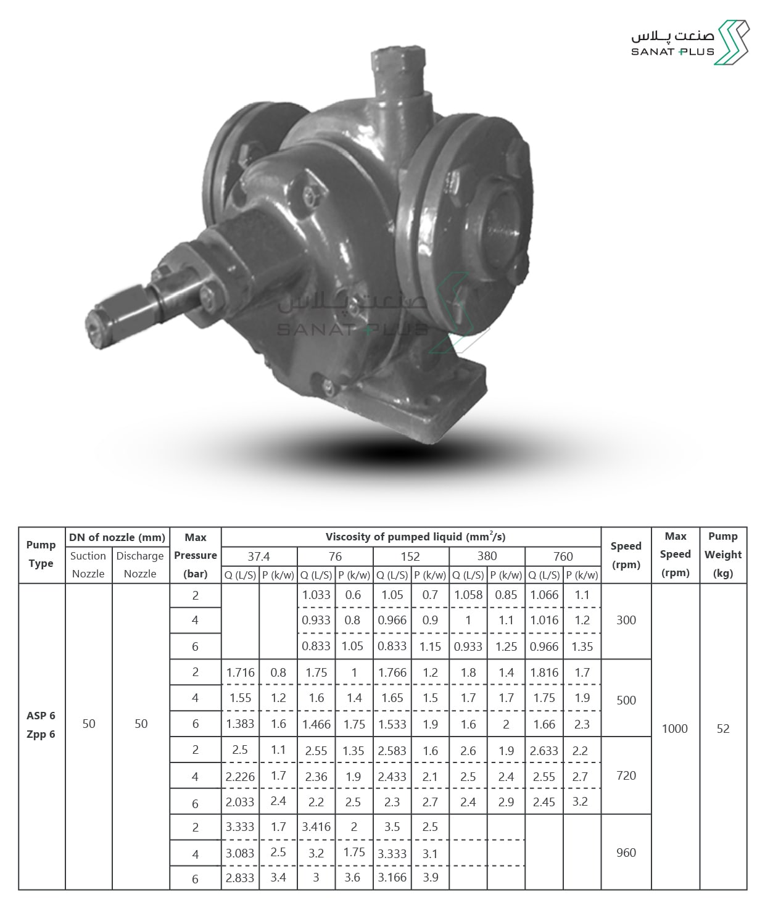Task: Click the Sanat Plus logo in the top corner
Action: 690,43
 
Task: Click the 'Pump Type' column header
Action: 41,554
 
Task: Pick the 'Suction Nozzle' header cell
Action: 88,564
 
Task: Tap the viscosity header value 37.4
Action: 258,556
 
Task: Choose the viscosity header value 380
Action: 487,556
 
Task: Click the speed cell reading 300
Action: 626,620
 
